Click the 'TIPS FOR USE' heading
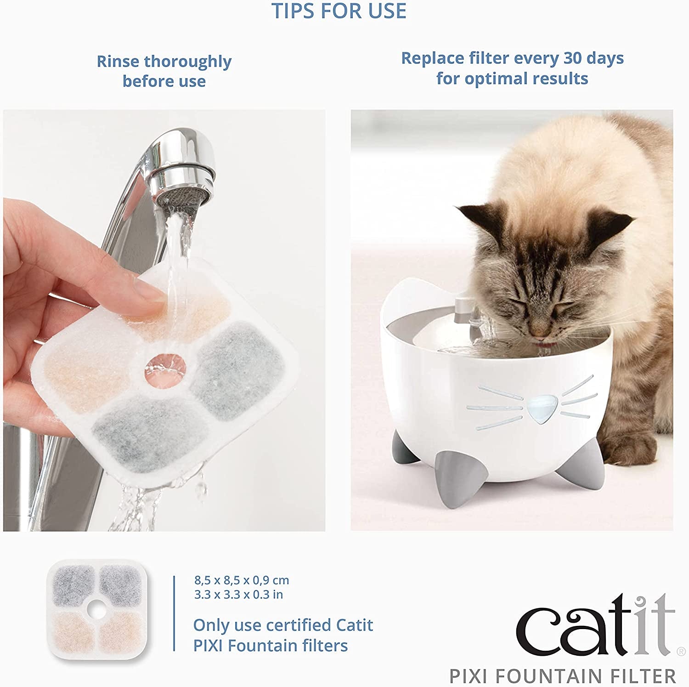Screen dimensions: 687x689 coord(339,11)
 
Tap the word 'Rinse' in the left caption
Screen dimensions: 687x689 coord(118,61)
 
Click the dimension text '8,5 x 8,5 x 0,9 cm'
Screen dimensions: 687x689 coord(242,580)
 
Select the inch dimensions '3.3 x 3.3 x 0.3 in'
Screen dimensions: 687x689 coord(238,595)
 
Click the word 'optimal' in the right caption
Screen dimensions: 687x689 coord(493,79)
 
